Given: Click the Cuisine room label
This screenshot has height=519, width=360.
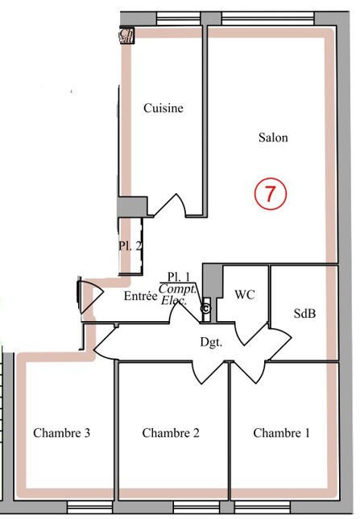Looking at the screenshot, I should [x=163, y=109].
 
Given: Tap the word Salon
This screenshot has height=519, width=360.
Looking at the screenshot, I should [x=273, y=138].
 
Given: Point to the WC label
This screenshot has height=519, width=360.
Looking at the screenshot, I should [x=245, y=295].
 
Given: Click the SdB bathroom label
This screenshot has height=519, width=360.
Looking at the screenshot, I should [x=304, y=314].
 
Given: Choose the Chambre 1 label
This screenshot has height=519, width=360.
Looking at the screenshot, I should [x=281, y=433].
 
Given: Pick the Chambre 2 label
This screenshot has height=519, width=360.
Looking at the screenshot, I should [x=171, y=433].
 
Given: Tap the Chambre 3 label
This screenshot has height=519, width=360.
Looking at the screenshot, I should [x=61, y=433].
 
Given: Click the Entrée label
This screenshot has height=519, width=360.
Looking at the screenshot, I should [x=140, y=296].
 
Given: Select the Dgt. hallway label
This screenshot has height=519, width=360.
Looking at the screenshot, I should [x=211, y=341].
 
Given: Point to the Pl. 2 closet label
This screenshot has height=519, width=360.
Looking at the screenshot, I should [x=130, y=246].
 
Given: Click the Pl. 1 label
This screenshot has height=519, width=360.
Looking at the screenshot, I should [x=179, y=276].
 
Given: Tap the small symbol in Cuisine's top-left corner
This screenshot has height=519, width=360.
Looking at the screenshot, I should [x=126, y=35].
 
